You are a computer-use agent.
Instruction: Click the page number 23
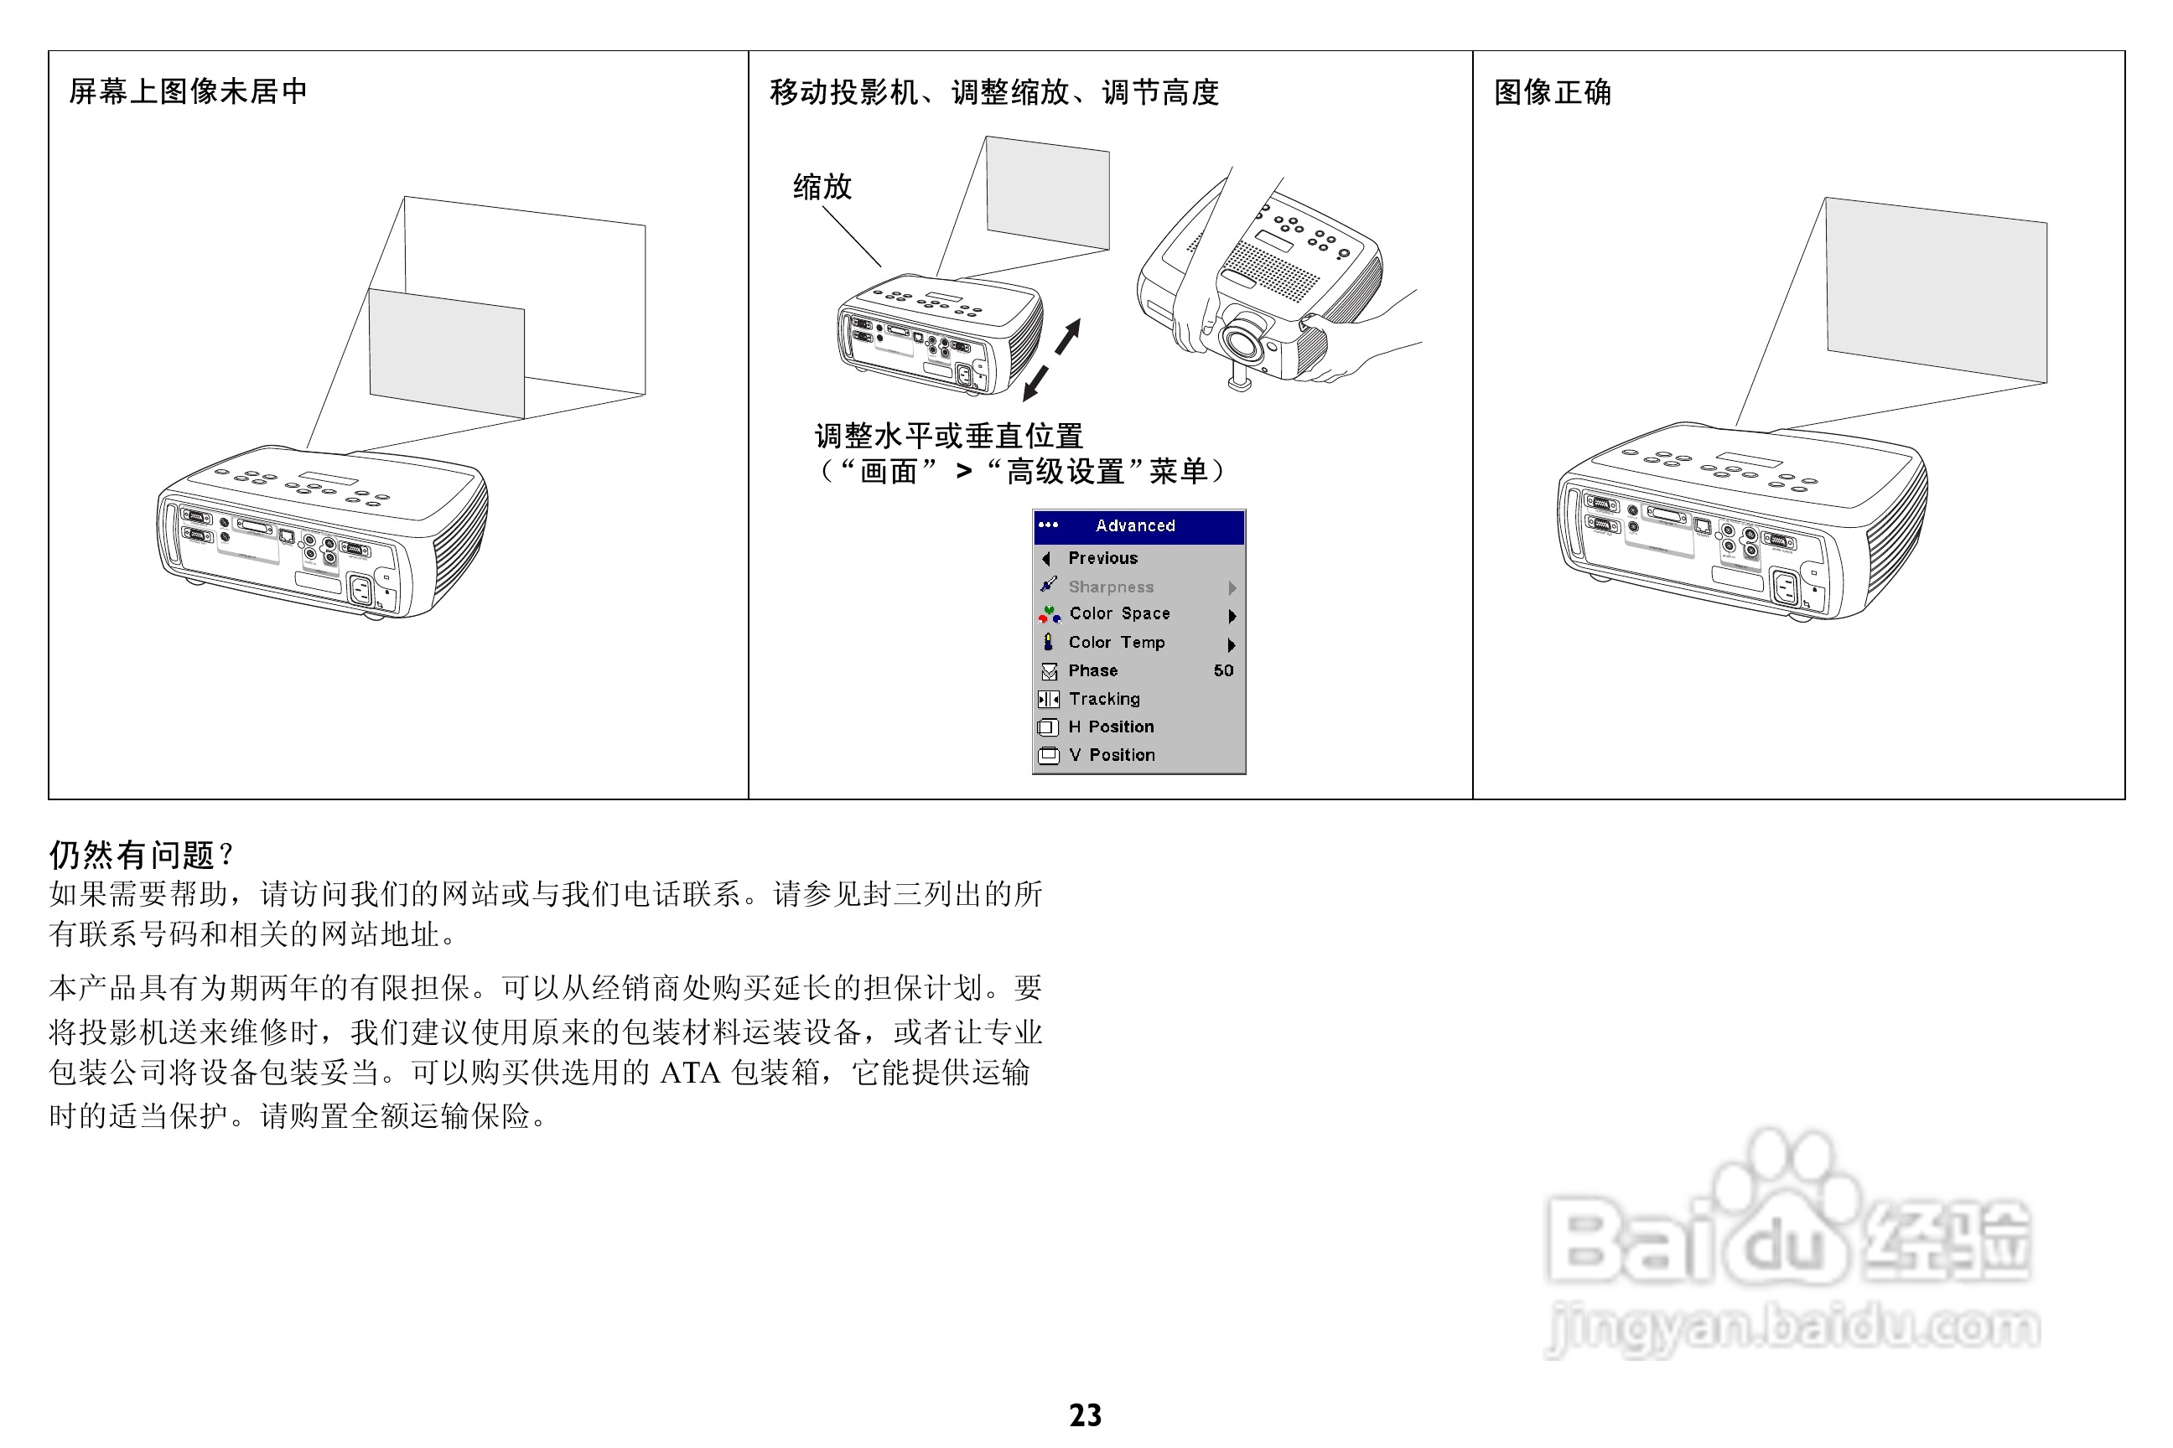1085,1414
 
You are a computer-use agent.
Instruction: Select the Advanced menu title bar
1138,525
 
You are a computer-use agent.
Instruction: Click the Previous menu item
1102,558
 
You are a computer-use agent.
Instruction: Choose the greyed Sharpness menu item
1111,587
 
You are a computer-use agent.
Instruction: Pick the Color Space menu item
1119,613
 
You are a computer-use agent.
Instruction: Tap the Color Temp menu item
1116,642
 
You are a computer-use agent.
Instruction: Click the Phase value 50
1222,670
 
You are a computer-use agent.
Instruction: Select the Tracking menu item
1104,699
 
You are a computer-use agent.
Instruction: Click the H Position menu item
1111,727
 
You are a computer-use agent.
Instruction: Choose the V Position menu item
1112,754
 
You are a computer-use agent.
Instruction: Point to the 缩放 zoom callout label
822,187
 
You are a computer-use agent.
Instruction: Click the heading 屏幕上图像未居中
188,91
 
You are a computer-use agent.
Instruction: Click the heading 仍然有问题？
142,854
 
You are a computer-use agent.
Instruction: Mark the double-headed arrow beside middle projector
1051,360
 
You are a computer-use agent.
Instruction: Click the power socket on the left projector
360,588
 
